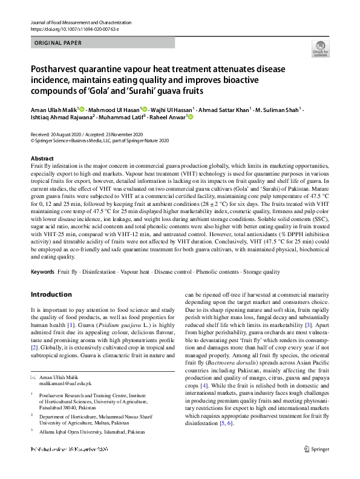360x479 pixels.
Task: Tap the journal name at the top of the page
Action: (x=80, y=22)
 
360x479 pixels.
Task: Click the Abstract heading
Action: (x=42, y=158)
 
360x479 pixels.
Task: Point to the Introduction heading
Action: (x=51, y=295)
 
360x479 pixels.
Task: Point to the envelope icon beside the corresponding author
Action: (x=33, y=377)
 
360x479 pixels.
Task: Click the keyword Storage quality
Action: (x=260, y=272)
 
